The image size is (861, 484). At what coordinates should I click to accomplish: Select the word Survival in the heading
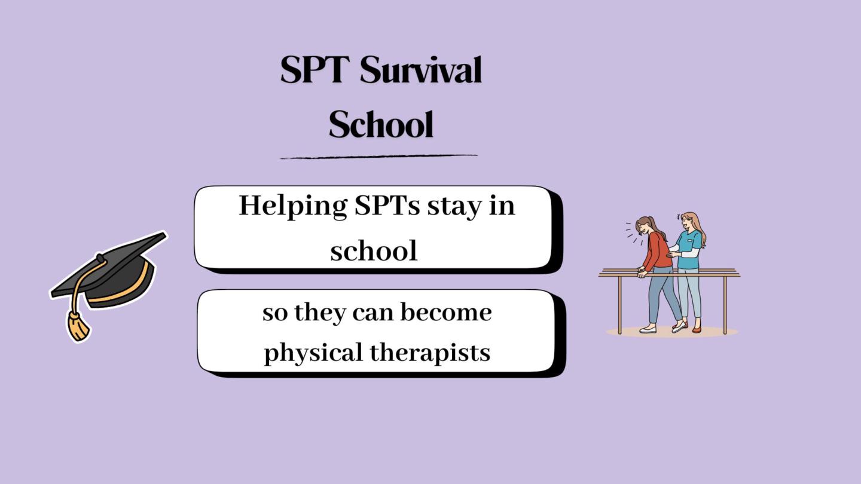tap(421, 70)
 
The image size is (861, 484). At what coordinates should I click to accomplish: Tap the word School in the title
tap(381, 124)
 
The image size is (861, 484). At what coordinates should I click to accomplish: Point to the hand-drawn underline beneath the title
tap(378, 157)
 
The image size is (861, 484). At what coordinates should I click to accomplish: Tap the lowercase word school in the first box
tap(374, 250)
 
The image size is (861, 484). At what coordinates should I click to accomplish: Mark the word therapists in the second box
tap(430, 353)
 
